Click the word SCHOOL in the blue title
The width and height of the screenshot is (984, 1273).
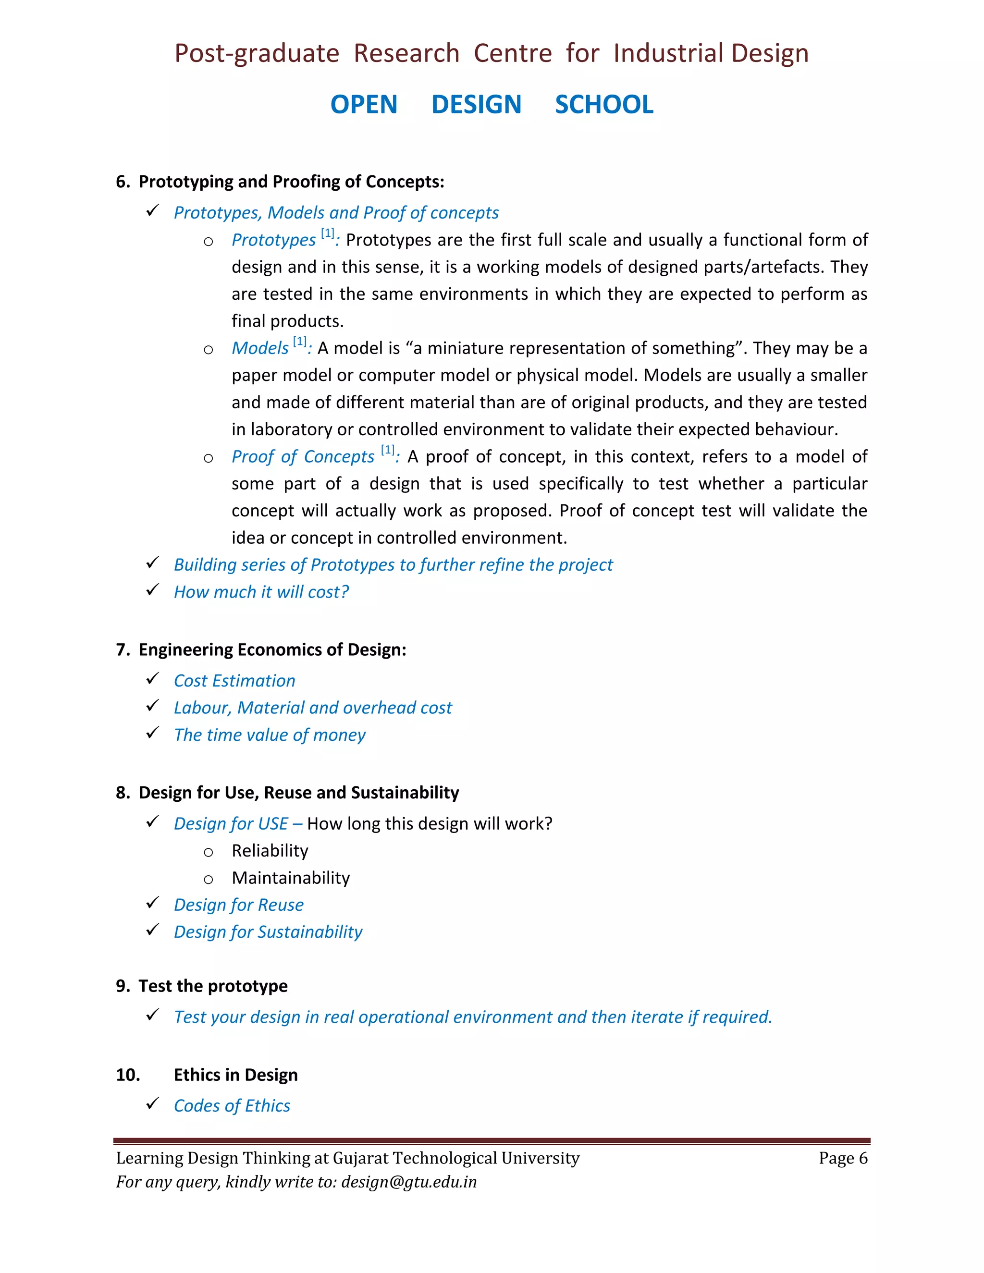pyautogui.click(x=604, y=105)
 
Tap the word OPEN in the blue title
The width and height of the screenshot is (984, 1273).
pyautogui.click(x=364, y=105)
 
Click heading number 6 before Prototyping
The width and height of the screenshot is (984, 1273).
pyautogui.click(x=122, y=182)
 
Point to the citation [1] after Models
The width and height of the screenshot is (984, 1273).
pyautogui.click(x=300, y=342)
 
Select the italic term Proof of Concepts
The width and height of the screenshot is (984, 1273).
pyautogui.click(x=303, y=456)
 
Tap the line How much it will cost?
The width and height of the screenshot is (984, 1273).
pyautogui.click(x=261, y=592)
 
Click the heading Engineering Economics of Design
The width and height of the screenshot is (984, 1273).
pyautogui.click(x=272, y=650)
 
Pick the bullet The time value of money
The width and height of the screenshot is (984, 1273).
pyautogui.click(x=270, y=735)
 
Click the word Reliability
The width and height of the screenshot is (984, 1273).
pyautogui.click(x=270, y=851)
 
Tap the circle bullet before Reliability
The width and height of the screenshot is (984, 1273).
pyautogui.click(x=208, y=853)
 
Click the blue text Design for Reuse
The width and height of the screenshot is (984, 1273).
pyautogui.click(x=238, y=905)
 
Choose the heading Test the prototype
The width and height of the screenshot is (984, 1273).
pyautogui.click(x=213, y=986)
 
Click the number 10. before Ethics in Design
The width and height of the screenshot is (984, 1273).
pyautogui.click(x=128, y=1075)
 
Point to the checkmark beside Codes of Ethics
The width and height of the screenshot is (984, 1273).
pyautogui.click(x=153, y=1103)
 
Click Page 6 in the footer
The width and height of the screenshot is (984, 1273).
pyautogui.click(x=842, y=1158)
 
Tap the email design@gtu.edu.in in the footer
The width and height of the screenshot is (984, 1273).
pyautogui.click(x=409, y=1182)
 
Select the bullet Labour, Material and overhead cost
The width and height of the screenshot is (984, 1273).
pyautogui.click(x=312, y=708)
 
